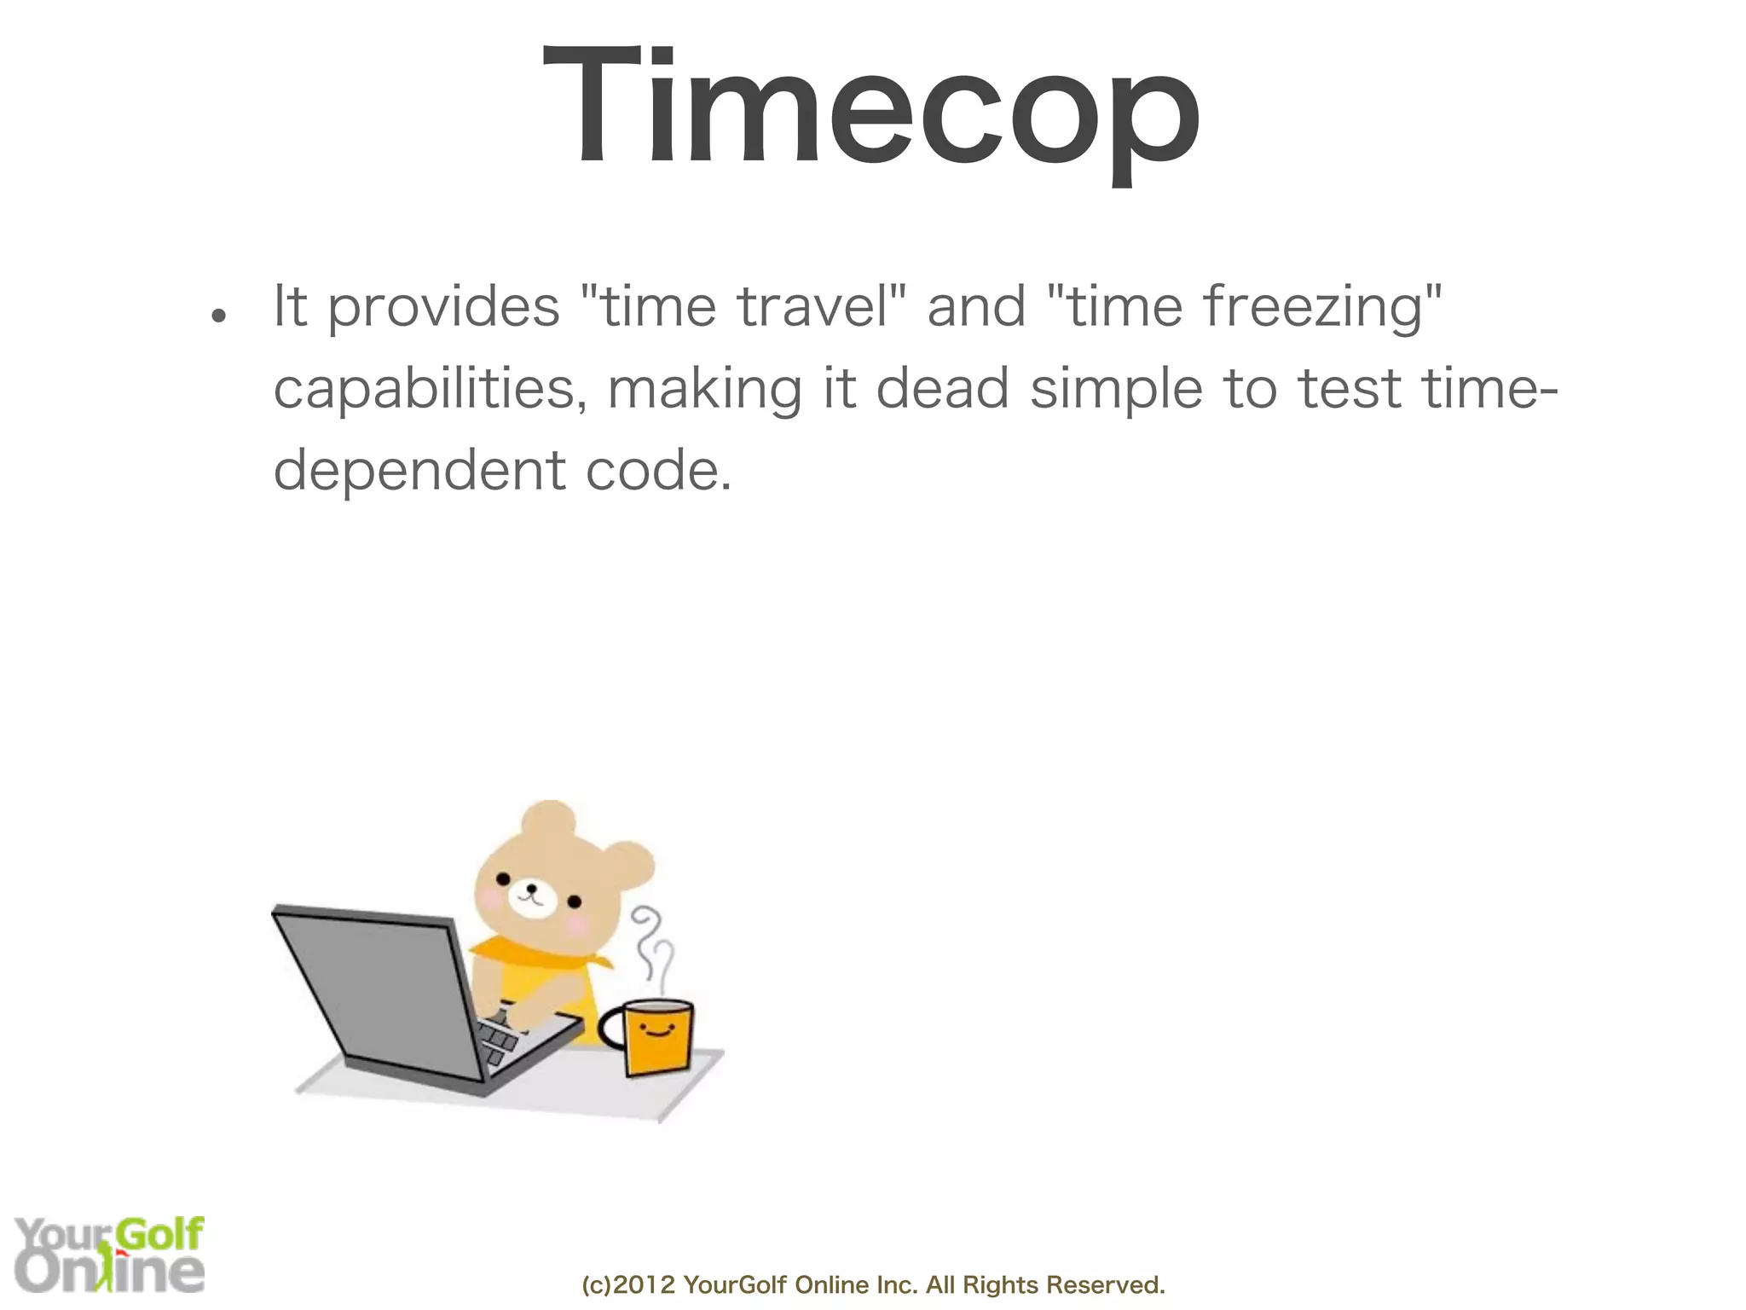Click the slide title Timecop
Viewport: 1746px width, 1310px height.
[871, 107]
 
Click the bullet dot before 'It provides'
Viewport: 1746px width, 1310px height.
[219, 316]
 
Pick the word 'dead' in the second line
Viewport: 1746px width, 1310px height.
[942, 389]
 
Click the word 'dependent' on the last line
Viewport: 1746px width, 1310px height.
[419, 472]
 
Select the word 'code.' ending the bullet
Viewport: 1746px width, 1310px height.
[658, 472]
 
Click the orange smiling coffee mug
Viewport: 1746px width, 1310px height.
[657, 1036]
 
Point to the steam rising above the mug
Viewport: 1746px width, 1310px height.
[652, 947]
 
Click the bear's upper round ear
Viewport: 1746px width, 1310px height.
[548, 820]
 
